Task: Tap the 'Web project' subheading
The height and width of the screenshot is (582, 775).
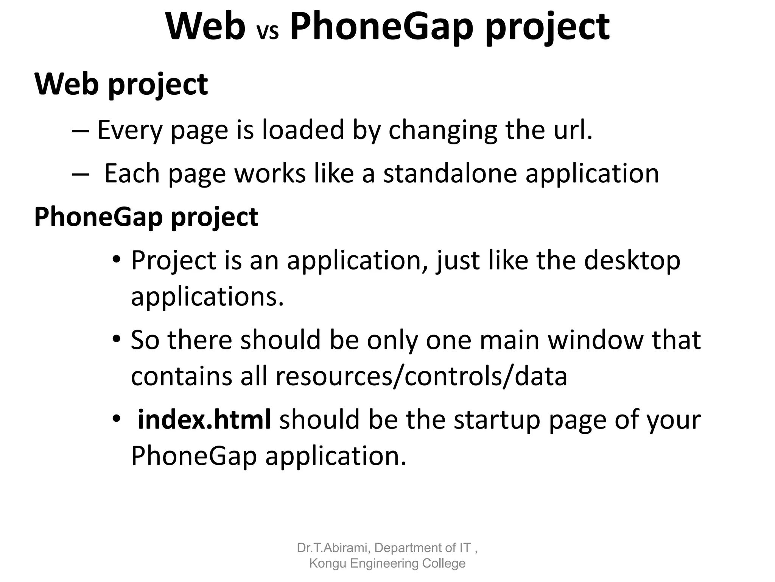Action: coord(121,84)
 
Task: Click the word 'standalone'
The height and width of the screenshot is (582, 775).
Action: coord(450,174)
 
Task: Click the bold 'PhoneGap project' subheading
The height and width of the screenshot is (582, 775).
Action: coord(146,217)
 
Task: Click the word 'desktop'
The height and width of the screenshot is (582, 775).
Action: coord(632,261)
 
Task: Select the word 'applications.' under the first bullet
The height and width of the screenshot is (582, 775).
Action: coord(207,297)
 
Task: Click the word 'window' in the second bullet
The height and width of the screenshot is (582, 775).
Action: coord(595,340)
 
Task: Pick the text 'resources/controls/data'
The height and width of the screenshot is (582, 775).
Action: coord(421,376)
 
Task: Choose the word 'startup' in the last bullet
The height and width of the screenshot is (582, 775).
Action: coord(496,420)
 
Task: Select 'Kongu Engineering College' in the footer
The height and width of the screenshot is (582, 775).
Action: coord(387,563)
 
